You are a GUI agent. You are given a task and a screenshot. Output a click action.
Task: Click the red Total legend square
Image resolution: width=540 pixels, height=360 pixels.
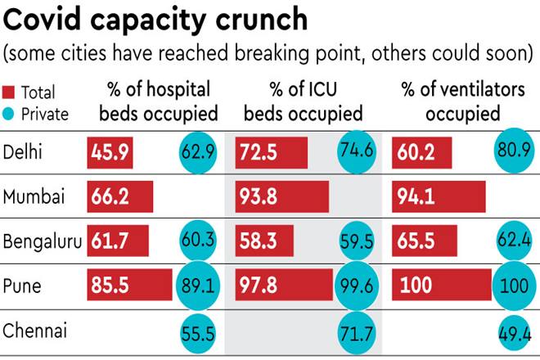[11, 92]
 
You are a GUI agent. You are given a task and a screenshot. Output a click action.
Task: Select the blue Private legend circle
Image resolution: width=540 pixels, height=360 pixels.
[11, 115]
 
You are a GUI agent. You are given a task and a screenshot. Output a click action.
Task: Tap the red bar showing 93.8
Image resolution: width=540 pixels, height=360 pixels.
[282, 197]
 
